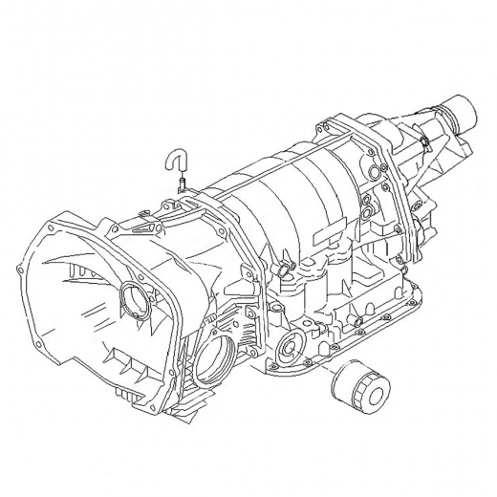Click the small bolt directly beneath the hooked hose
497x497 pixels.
click(x=180, y=189)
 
